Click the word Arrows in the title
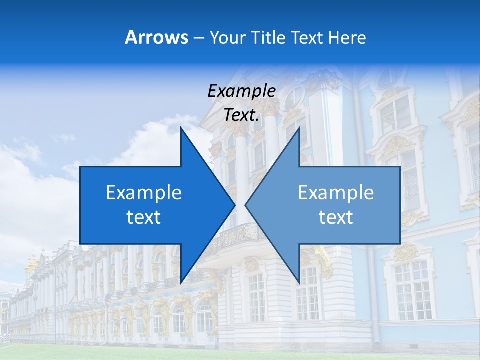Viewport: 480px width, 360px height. tap(156, 37)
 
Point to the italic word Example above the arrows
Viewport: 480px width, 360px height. tap(241, 91)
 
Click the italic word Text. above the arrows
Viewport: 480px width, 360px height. tap(241, 115)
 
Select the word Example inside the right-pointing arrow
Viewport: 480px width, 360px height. tap(144, 193)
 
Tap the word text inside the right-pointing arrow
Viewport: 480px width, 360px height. tap(144, 217)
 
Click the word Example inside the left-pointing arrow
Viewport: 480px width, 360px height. tap(336, 193)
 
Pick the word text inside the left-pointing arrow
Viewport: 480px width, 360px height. tap(336, 217)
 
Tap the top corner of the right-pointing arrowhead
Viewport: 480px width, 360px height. tap(181, 128)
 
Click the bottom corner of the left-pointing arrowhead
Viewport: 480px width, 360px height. tap(299, 282)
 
